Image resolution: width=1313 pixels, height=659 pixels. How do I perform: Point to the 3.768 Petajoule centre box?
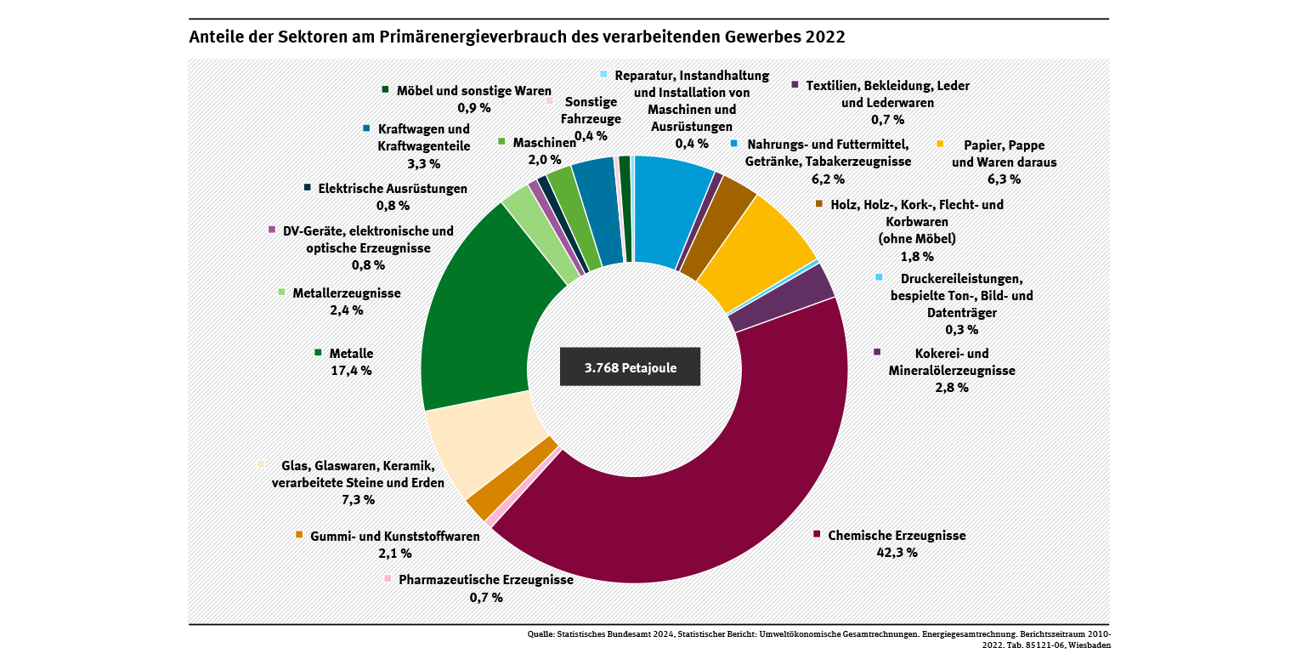tap(630, 366)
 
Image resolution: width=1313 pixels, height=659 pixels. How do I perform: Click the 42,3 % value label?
tap(897, 553)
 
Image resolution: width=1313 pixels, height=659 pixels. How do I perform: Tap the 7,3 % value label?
tap(358, 500)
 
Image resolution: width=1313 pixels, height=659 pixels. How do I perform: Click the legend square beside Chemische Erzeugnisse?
tap(817, 534)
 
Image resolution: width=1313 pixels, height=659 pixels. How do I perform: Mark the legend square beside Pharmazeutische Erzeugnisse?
tap(388, 579)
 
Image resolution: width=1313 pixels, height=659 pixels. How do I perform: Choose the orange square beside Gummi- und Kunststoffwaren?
tap(299, 535)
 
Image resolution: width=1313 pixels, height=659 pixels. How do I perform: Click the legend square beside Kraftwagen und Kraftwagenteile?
tap(366, 128)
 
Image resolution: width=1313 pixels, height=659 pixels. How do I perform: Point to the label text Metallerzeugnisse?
tap(346, 293)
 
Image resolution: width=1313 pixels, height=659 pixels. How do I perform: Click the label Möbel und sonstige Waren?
tap(474, 90)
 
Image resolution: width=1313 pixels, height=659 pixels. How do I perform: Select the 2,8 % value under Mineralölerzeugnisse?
tap(952, 388)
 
